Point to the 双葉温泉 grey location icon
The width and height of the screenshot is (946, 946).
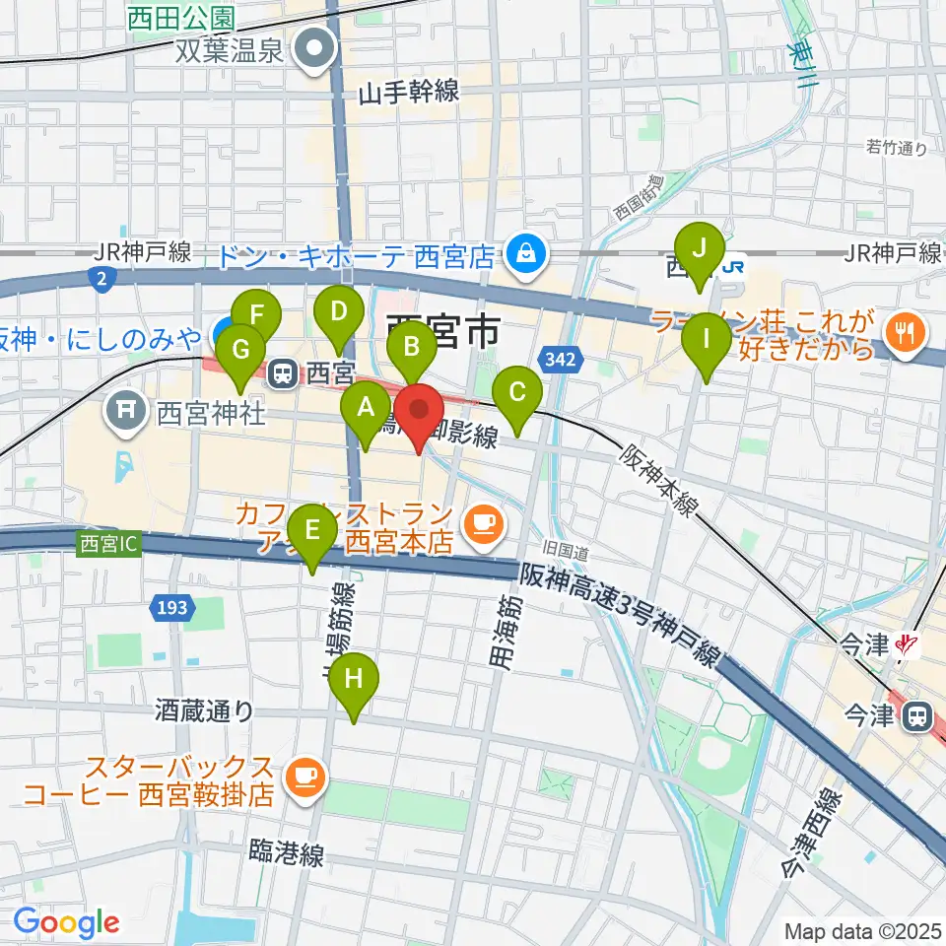click(316, 48)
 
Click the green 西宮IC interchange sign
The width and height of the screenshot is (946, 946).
click(109, 544)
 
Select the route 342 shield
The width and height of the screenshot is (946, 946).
click(554, 357)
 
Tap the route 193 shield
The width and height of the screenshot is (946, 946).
click(171, 609)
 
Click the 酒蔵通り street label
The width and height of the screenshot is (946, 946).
click(204, 710)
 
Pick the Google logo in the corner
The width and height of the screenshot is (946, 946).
click(66, 922)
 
